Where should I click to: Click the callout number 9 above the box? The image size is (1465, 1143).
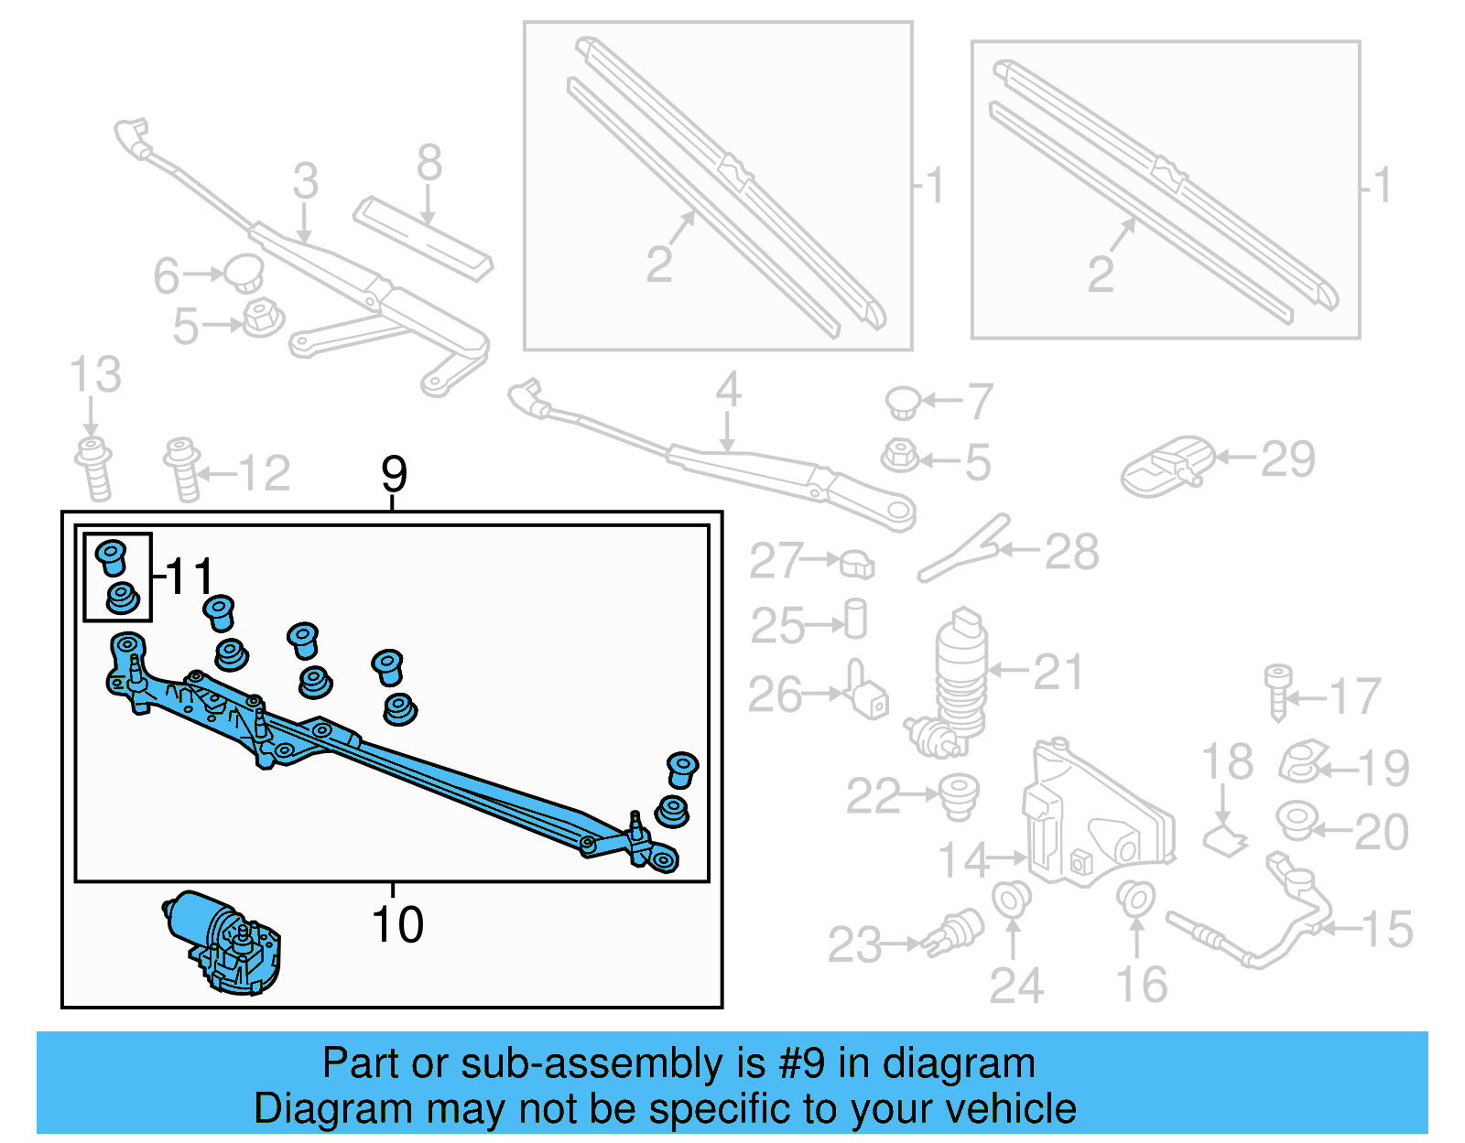tap(394, 474)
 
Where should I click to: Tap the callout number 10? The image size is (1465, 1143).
tap(397, 924)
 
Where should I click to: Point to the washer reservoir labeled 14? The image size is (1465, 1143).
tap(1094, 819)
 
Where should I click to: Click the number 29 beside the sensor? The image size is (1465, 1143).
tap(1287, 458)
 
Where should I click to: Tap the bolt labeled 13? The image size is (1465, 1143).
tap(94, 469)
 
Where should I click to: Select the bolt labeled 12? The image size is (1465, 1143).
tap(183, 469)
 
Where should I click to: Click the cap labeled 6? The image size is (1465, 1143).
tap(244, 272)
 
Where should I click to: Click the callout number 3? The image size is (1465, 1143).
tap(306, 181)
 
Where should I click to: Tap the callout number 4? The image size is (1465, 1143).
tap(728, 390)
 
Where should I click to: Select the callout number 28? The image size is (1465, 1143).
tap(1071, 553)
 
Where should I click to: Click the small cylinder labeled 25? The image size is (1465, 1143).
tap(855, 620)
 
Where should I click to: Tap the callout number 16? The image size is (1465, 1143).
tap(1141, 985)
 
